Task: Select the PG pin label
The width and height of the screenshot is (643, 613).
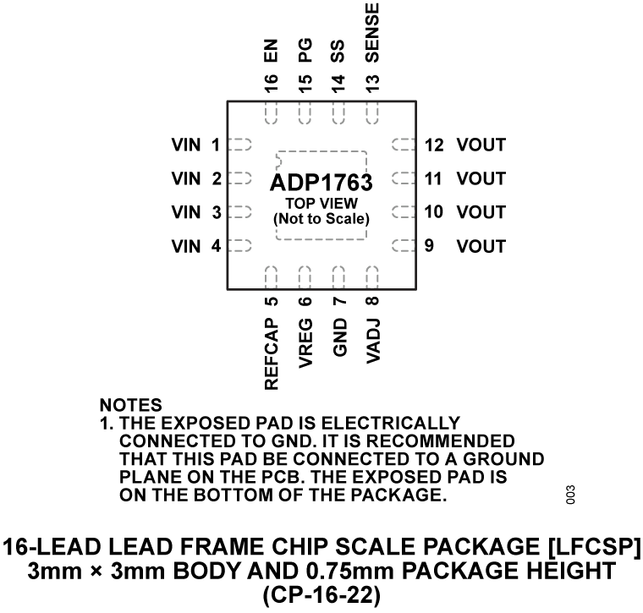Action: tap(305, 52)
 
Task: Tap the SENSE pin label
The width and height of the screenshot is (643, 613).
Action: tap(372, 31)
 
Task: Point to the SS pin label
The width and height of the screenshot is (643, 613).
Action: tap(338, 52)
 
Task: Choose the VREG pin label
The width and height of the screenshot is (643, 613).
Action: tap(305, 345)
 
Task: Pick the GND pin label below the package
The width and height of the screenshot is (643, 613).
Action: tap(338, 342)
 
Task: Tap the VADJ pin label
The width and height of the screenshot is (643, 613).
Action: tap(372, 342)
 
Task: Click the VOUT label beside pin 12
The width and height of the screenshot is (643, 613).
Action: tap(481, 145)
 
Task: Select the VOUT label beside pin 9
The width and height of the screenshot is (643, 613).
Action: tap(481, 247)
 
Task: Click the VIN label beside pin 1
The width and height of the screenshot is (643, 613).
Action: tap(186, 145)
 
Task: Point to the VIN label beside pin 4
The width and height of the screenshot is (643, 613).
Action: tap(186, 247)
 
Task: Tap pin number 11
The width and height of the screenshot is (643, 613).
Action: tap(434, 179)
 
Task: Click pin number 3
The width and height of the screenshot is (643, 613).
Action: tap(217, 213)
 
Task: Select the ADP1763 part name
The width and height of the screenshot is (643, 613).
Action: tap(321, 183)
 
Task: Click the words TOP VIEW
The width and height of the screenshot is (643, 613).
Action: tap(321, 203)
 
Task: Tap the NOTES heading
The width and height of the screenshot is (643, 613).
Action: tap(130, 407)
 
